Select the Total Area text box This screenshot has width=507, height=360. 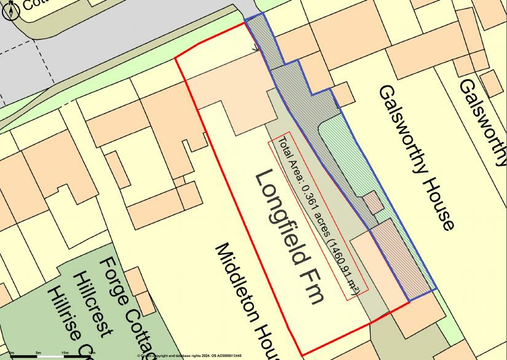pos(318,215)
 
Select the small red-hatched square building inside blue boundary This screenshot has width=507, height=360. pos(372,202)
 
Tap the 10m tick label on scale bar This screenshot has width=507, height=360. pos(65,353)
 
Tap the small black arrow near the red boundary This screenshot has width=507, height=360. pos(254,47)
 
